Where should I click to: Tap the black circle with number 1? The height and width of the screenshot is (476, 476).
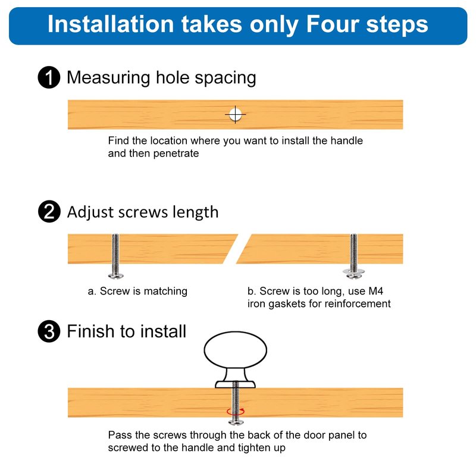[49, 77]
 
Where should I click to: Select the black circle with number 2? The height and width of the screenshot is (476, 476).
[49, 211]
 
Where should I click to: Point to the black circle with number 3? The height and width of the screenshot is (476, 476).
[49, 331]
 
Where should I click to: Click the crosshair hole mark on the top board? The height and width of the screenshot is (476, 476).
[235, 114]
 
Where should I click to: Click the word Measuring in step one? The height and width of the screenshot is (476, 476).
[108, 77]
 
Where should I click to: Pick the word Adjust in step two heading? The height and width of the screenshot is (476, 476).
[90, 212]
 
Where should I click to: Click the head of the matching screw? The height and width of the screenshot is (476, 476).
[115, 275]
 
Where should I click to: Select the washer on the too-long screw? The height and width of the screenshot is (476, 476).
[353, 271]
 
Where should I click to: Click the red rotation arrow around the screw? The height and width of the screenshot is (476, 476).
[236, 411]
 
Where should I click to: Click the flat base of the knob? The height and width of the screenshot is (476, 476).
[235, 384]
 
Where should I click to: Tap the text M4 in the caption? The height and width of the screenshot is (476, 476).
[376, 291]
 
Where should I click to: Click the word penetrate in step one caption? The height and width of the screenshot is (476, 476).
[176, 154]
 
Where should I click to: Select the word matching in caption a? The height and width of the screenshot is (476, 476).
[165, 292]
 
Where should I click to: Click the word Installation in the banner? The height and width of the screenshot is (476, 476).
[111, 24]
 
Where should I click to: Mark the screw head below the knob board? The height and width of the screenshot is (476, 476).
[236, 421]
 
